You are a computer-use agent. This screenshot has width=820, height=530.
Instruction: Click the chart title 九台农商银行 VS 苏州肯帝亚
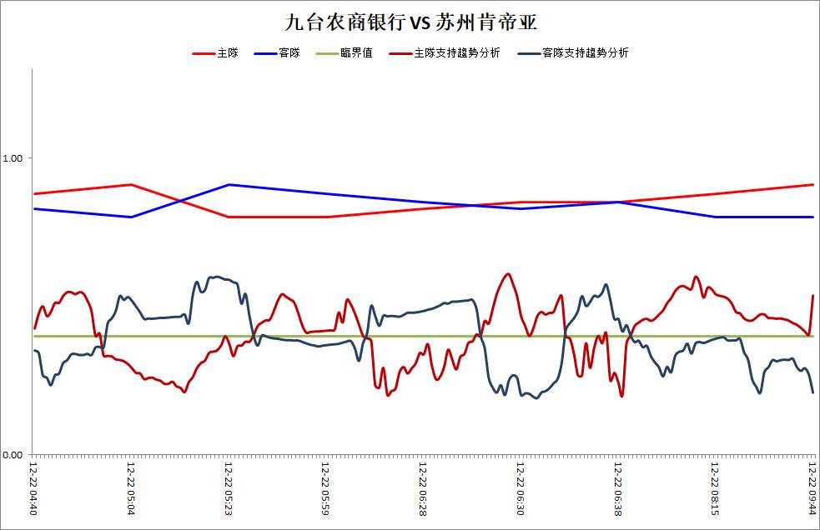point(411,22)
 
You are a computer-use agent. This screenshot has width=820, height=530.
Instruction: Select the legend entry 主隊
point(228,52)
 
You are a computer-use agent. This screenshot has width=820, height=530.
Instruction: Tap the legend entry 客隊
point(289,52)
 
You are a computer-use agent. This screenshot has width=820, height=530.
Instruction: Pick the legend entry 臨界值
point(356,52)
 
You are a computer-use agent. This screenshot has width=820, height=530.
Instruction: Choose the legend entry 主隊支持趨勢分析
point(457,52)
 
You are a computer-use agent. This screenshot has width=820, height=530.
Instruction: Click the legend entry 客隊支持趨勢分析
point(586,52)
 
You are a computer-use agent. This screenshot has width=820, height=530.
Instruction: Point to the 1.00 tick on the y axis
point(13,157)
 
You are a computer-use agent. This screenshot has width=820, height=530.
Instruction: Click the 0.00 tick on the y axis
point(13,455)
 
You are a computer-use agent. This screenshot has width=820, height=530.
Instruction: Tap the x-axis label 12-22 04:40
point(33,488)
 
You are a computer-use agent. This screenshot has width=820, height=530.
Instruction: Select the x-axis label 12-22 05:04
point(131,488)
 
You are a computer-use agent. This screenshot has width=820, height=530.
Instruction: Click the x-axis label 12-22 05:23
point(228,488)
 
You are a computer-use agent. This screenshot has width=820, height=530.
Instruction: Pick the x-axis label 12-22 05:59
point(325,488)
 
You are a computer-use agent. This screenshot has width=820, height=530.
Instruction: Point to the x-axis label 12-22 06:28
point(423,488)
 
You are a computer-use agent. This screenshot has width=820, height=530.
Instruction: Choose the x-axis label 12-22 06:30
point(521,488)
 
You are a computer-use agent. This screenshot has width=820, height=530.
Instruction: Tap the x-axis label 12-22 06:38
point(617,488)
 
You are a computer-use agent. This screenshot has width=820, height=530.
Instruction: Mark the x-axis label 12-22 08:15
point(715,488)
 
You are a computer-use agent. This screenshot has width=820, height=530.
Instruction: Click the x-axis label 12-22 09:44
point(812,488)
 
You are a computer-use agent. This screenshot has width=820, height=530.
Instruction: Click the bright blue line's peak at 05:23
point(229,184)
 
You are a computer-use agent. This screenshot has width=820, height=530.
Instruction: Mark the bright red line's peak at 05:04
point(131,184)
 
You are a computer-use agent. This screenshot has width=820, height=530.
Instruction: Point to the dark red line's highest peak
point(506,274)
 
